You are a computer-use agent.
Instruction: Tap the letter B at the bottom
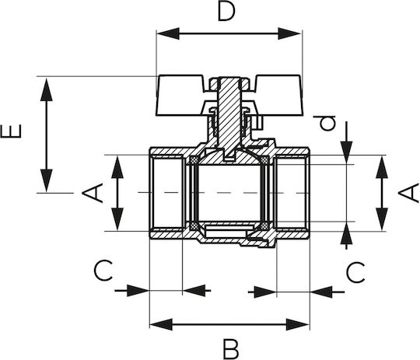point(231,349)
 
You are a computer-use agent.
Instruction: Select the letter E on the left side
point(11,131)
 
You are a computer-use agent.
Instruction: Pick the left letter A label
point(93,193)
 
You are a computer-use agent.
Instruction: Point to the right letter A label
point(409,193)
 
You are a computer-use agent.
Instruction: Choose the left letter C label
point(103,270)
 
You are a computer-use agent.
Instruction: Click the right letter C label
point(355,272)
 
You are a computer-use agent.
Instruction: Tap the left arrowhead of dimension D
point(168,33)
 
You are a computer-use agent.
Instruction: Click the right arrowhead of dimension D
point(289,33)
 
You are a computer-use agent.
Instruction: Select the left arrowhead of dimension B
point(161,325)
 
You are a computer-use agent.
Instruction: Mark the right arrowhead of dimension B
point(298,325)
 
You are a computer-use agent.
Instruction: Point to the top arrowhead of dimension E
point(47,89)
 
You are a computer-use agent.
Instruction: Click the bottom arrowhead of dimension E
point(47,180)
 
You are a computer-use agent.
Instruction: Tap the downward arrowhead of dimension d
point(346,152)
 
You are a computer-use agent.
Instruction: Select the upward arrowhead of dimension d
point(346,233)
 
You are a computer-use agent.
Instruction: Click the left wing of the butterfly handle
point(180,96)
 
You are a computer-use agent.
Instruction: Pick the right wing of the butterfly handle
point(278,96)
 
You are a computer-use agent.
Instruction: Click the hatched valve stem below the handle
point(229,118)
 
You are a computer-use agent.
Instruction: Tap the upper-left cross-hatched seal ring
point(194,160)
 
